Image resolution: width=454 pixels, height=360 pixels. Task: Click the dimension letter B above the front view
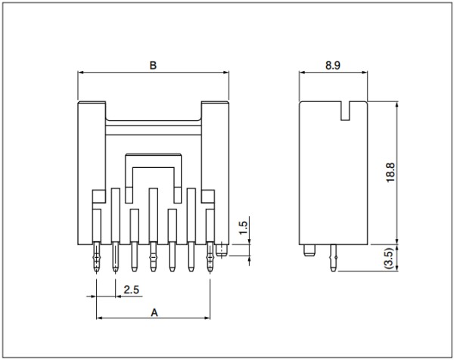pos(153,65)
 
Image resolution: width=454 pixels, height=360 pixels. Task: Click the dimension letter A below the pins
pos(154,313)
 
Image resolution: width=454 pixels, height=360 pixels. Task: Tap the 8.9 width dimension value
pos(333,65)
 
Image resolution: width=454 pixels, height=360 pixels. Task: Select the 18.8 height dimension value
pos(390,172)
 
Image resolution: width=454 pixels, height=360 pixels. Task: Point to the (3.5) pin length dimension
pos(390,259)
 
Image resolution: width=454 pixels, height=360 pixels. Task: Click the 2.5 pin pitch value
pos(132,290)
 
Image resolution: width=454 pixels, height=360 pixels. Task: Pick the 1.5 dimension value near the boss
pos(244,228)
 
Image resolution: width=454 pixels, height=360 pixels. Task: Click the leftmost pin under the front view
pos(96,258)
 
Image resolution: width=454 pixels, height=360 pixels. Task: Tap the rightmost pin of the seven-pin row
pos(210,258)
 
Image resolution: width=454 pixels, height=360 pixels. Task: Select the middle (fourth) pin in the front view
pos(153,257)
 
